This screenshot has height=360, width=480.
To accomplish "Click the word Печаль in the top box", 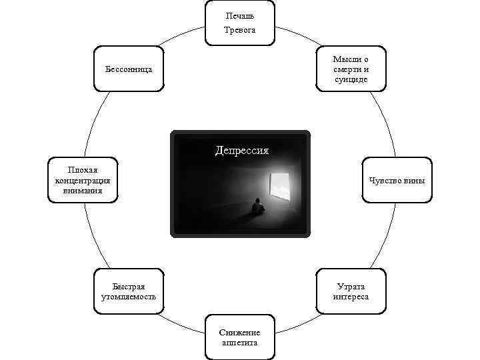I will pyautogui.click(x=240, y=15).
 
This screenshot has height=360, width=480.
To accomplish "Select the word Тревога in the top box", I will pyautogui.click(x=240, y=30).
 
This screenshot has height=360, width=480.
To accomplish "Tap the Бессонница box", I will pyautogui.click(x=129, y=69).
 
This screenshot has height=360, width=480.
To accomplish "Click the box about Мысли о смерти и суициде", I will pyautogui.click(x=351, y=69).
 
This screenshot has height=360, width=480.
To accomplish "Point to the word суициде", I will pyautogui.click(x=351, y=79).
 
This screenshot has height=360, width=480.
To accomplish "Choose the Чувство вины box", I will pyautogui.click(x=397, y=181).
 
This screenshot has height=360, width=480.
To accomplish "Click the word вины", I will pyautogui.click(x=414, y=181).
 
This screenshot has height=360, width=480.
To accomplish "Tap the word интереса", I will pyautogui.click(x=351, y=297).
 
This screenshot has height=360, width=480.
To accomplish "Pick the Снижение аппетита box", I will pyautogui.click(x=240, y=337).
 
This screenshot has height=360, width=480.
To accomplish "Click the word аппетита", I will pyautogui.click(x=240, y=343).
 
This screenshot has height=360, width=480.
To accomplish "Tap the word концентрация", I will pyautogui.click(x=83, y=180).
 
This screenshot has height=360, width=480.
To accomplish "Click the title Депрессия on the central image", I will pyautogui.click(x=241, y=150).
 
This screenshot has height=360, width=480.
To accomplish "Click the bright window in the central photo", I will pyautogui.click(x=280, y=186).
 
